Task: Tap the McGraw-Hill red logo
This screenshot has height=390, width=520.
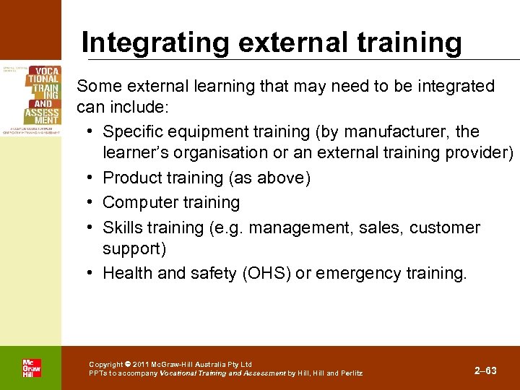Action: click(x=31, y=368)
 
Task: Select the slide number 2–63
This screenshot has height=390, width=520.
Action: click(x=485, y=370)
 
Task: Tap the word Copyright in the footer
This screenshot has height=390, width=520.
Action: click(x=105, y=365)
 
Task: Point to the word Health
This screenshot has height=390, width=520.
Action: click(x=128, y=273)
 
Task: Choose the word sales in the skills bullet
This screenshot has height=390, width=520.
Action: click(x=380, y=227)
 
